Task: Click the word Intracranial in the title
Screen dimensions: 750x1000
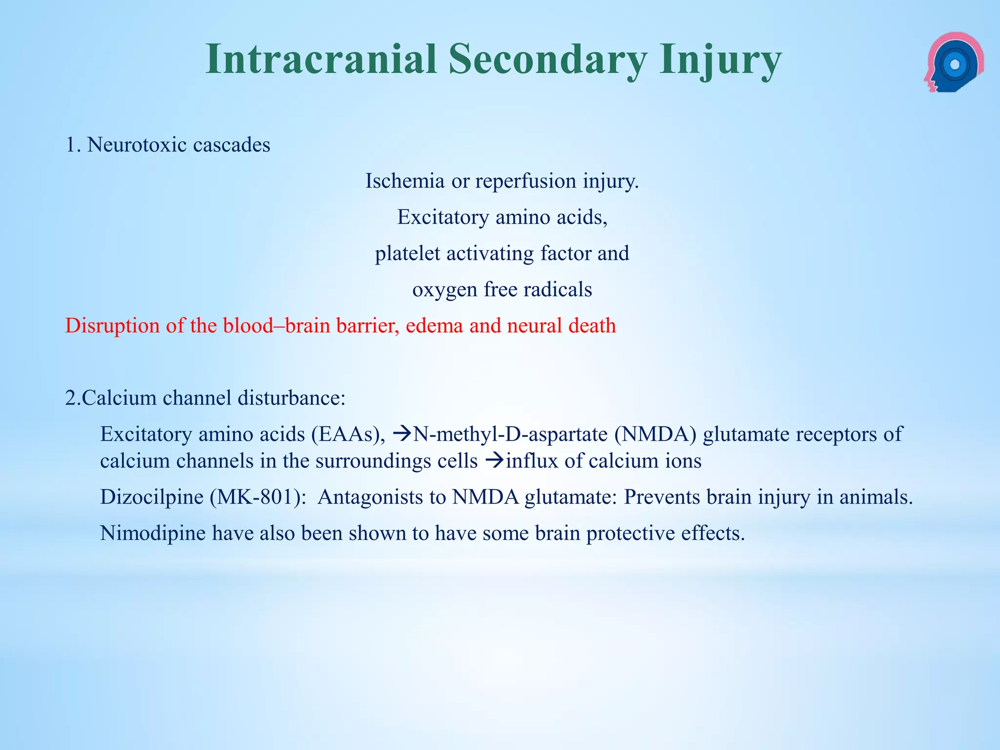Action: (x=320, y=60)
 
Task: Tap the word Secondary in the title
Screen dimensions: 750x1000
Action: (x=547, y=60)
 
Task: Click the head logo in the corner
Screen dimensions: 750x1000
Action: (x=954, y=62)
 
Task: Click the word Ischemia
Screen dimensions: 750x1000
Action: (x=405, y=181)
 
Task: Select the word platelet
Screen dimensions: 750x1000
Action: (x=407, y=253)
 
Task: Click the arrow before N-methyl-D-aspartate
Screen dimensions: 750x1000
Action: (x=402, y=434)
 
